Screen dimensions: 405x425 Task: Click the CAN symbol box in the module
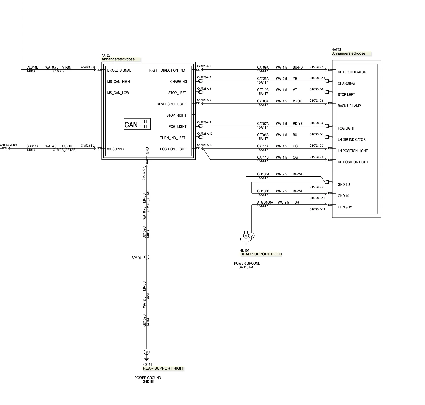(x=137, y=124)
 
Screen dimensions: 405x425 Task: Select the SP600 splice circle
(x=147, y=257)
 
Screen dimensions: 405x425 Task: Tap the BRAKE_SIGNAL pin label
(x=119, y=70)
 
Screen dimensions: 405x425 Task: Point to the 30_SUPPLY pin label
(x=116, y=149)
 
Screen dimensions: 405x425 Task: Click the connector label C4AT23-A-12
(x=205, y=145)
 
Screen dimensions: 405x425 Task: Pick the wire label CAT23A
(x=263, y=79)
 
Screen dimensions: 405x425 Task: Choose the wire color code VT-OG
(x=297, y=101)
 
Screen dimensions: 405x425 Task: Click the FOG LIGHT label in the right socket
(x=346, y=128)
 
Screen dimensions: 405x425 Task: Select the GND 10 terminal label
(x=343, y=196)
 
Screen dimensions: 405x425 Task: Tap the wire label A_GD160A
(x=265, y=202)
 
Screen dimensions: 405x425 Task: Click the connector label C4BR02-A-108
(x=8, y=145)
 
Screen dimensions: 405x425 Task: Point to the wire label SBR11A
(x=33, y=146)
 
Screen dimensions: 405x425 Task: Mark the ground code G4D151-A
(x=246, y=267)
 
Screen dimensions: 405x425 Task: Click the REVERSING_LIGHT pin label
(x=171, y=104)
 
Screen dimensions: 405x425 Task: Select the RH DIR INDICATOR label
(x=352, y=72)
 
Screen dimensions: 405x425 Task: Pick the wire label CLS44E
(x=32, y=67)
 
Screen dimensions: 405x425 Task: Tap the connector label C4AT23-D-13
(x=317, y=209)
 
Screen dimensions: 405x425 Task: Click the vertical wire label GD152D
(x=144, y=320)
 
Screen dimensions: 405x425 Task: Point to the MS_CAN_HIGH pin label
(x=118, y=82)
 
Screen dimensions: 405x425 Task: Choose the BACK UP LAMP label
(x=349, y=106)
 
